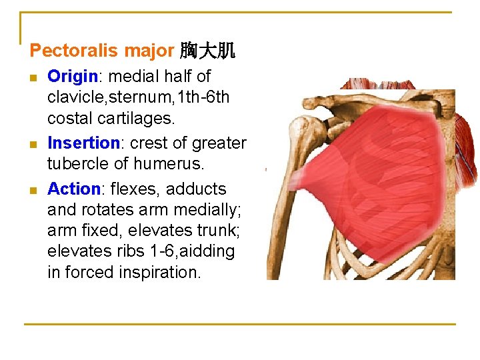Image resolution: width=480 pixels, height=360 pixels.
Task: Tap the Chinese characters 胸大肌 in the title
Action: pos(207,51)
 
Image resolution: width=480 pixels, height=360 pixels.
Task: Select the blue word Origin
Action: pos(73,77)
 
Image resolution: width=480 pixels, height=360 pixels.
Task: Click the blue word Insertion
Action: pos(83,143)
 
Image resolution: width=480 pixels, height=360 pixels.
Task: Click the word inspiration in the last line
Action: pos(161,272)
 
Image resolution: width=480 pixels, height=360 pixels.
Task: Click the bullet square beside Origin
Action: pos(35,77)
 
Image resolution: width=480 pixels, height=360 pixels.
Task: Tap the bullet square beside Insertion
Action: pos(35,143)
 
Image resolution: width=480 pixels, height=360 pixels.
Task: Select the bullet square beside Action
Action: pos(35,189)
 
